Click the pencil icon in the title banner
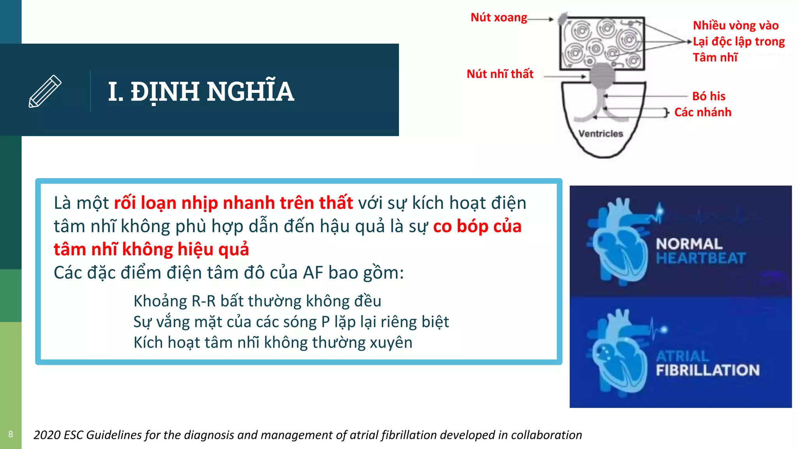pyautogui.click(x=45, y=91)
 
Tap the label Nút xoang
pyautogui.click(x=498, y=18)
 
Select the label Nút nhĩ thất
pyautogui.click(x=500, y=74)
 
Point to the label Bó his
pyautogui.click(x=708, y=96)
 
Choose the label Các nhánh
pyautogui.click(x=703, y=112)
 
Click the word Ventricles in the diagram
pyautogui.click(x=600, y=134)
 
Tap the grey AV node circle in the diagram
pyautogui.click(x=602, y=74)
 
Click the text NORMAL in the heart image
pyautogui.click(x=689, y=244)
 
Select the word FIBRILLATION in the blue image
pyautogui.click(x=708, y=370)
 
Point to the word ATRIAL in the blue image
pyautogui.click(x=682, y=356)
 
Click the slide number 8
pyautogui.click(x=11, y=434)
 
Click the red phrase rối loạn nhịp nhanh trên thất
pyautogui.click(x=233, y=203)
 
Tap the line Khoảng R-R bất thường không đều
pyautogui.click(x=257, y=301)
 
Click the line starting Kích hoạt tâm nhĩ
pyautogui.click(x=273, y=343)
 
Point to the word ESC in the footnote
pyautogui.click(x=73, y=435)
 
